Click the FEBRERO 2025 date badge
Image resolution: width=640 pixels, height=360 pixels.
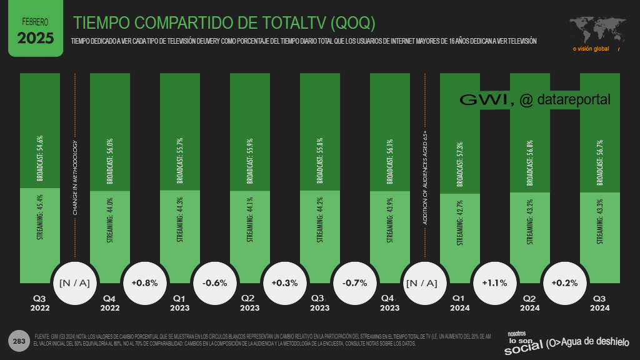(x=35, y=29)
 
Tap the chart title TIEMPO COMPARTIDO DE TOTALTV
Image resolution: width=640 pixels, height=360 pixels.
(x=224, y=23)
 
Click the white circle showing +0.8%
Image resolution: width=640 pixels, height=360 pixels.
(x=144, y=282)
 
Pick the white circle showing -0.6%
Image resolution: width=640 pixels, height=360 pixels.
(x=214, y=282)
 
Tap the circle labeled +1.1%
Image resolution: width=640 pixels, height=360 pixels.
(x=494, y=282)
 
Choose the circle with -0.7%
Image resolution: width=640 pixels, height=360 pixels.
(x=354, y=282)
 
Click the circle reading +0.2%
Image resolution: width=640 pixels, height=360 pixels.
(x=564, y=282)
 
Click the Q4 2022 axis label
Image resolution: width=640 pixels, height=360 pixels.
(x=110, y=303)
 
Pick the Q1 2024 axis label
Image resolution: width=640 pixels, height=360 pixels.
(x=460, y=303)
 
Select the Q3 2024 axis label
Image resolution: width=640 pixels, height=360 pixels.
(x=600, y=303)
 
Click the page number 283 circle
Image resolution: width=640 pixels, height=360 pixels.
(x=19, y=341)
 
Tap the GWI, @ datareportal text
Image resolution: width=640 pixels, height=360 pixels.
(x=534, y=99)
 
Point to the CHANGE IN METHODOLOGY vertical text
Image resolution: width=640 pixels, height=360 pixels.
(x=75, y=179)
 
